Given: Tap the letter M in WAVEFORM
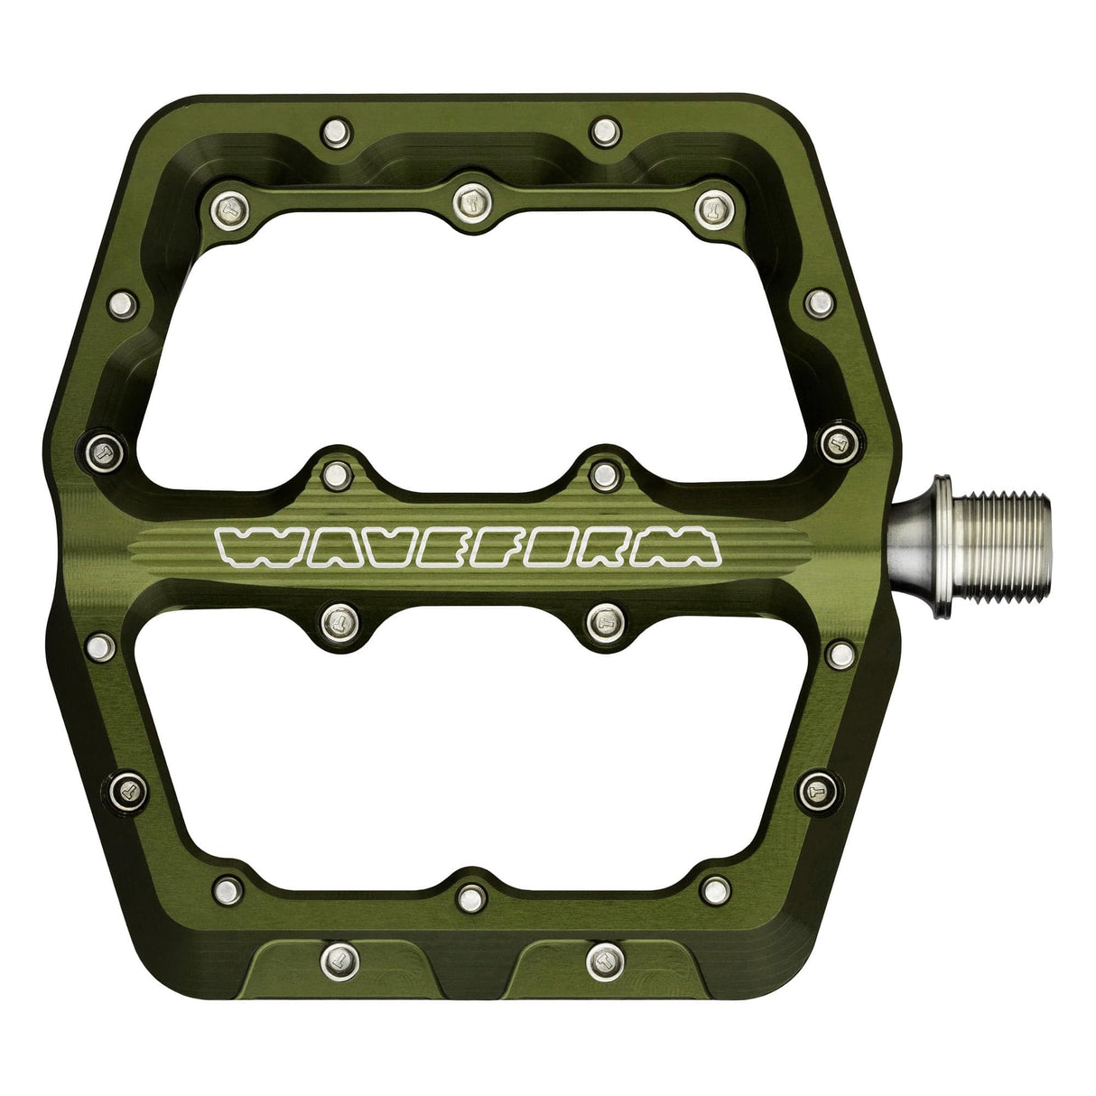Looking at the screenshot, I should pyautogui.click(x=687, y=547).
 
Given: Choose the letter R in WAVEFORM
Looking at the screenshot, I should pyautogui.click(x=624, y=547).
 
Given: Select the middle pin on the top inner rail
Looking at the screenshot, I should pyautogui.click(x=469, y=196).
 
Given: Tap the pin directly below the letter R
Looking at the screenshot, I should pyautogui.click(x=600, y=618).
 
